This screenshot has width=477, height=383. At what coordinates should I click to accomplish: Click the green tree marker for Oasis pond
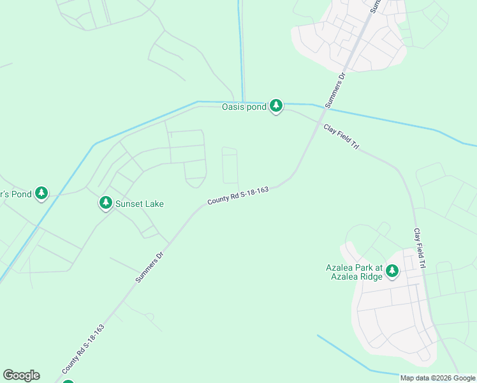(275, 105)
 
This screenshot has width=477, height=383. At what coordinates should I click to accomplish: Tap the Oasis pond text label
(243, 107)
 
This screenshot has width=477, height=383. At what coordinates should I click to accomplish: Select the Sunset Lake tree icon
(105, 203)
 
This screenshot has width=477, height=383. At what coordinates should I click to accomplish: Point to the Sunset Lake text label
(139, 204)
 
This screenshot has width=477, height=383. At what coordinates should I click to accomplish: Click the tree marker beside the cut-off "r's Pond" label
(41, 193)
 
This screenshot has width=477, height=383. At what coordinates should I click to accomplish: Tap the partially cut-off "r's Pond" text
(15, 194)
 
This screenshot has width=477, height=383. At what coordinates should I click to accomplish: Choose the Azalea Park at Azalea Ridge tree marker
(392, 271)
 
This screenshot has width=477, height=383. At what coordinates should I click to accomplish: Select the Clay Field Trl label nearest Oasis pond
(342, 137)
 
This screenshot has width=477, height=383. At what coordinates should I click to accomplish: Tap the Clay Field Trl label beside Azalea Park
(419, 247)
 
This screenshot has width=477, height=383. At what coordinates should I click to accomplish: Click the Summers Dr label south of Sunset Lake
(150, 267)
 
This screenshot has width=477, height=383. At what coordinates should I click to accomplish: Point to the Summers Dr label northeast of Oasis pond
(334, 89)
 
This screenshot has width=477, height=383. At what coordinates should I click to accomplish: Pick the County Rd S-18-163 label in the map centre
(238, 195)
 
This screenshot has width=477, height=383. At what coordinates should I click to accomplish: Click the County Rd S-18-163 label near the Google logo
(83, 349)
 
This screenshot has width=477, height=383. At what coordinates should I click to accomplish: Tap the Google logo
(21, 375)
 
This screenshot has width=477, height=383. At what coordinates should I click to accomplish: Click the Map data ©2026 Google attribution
(438, 378)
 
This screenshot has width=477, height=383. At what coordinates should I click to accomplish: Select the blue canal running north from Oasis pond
(241, 51)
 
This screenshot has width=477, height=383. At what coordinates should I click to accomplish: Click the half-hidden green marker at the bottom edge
(68, 381)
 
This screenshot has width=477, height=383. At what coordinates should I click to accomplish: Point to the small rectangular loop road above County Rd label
(230, 165)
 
